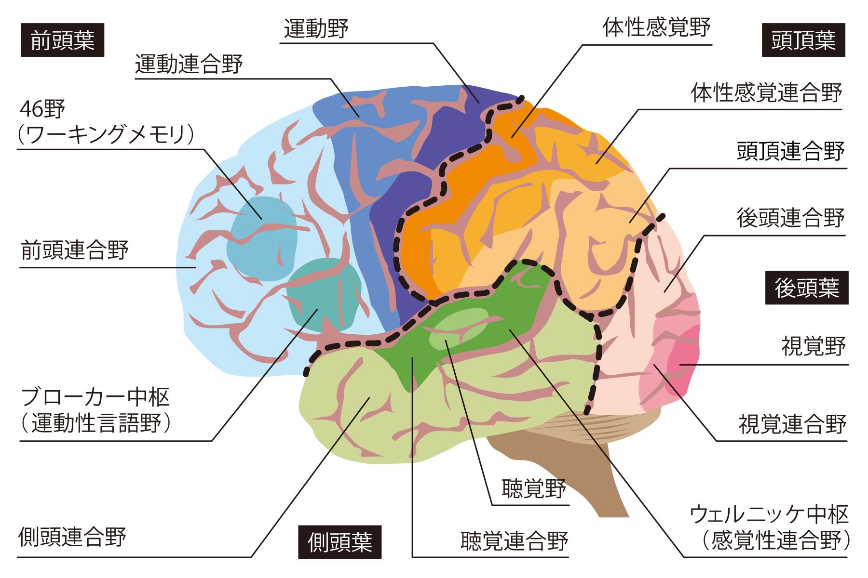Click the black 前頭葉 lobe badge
coord(63,40)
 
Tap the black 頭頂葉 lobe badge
coord(803,40)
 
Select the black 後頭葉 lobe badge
coord(807,288)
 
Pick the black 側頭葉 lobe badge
coord(340,542)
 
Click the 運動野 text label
coord(316,28)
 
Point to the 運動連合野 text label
coord(189,64)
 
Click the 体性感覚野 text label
coord(657,27)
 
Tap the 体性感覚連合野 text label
coord(767,92)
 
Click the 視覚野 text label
coord(814,346)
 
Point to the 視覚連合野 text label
coord(792,424)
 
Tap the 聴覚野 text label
coord(534,488)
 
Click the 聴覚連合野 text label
coord(515,541)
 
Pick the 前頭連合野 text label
coord(75,250)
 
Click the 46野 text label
coord(42,109)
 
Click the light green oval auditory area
coord(459,328)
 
